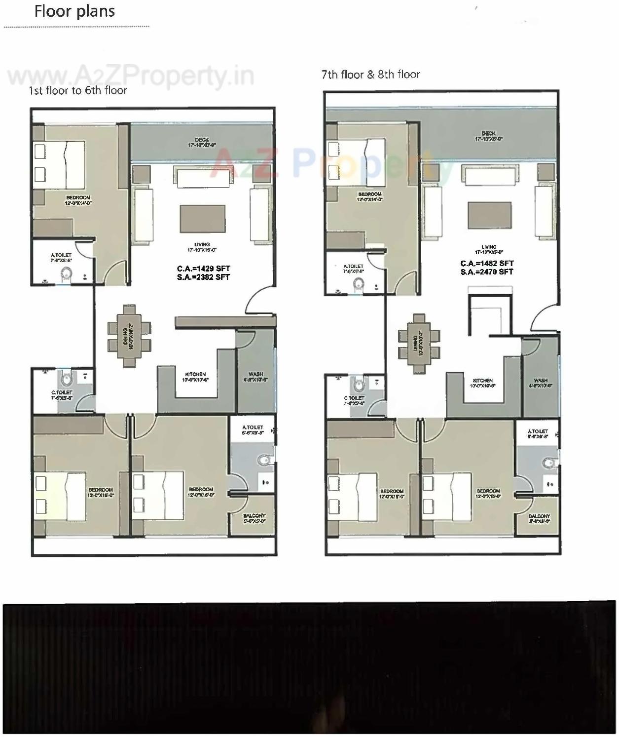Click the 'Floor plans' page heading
click(x=74, y=11)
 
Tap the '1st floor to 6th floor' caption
click(x=77, y=90)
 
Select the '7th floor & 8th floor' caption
click(x=370, y=75)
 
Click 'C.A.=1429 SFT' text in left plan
click(x=203, y=269)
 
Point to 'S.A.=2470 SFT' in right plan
click(x=487, y=272)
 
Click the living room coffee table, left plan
click(x=202, y=219)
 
